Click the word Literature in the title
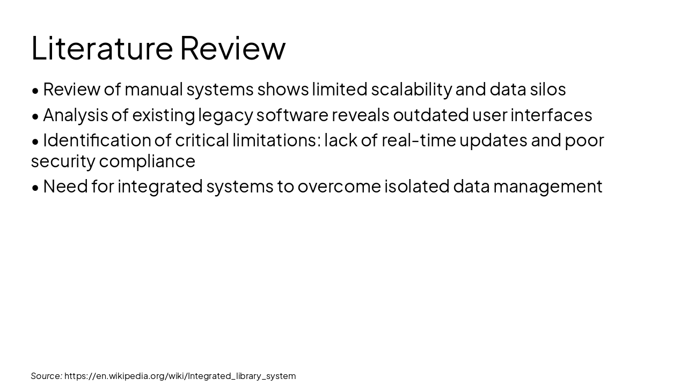point(102,48)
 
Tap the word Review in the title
point(232,48)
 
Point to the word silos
point(547,90)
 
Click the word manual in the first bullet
point(154,90)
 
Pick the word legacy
point(225,115)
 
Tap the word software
point(292,115)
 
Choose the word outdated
point(430,115)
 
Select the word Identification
point(97,140)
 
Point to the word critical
point(202,140)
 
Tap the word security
point(63,161)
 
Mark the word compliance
point(147,161)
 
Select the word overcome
point(339,187)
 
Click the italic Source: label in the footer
point(46,376)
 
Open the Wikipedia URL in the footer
point(180,376)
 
